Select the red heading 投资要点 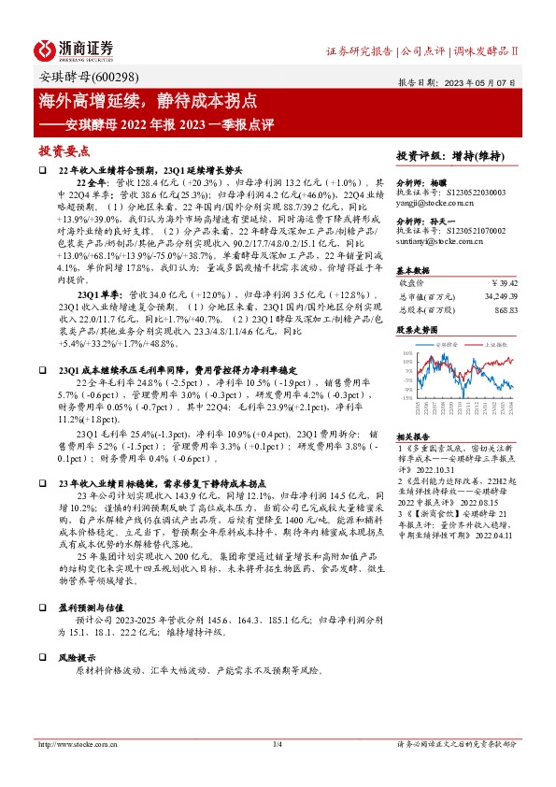click(x=63, y=150)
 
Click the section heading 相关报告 click(x=414, y=436)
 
